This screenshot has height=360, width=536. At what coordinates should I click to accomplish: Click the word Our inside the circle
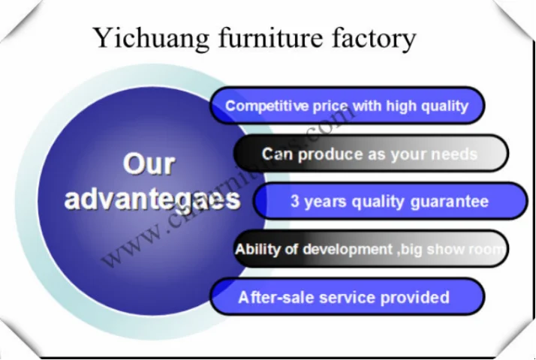(149, 164)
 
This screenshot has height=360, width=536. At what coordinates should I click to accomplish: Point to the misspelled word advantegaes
(152, 199)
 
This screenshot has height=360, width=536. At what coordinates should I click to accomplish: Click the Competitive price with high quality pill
(347, 106)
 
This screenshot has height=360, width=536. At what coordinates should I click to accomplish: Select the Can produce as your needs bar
(370, 154)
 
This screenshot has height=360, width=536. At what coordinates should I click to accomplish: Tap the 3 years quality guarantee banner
(390, 201)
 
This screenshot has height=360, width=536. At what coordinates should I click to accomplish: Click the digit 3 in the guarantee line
(295, 201)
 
